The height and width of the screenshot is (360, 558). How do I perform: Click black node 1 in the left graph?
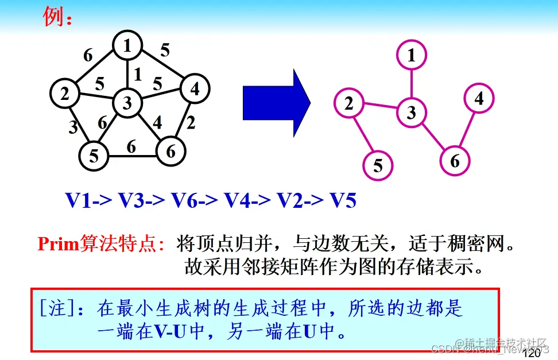[x=127, y=45]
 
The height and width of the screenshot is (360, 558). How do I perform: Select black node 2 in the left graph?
[x=65, y=93]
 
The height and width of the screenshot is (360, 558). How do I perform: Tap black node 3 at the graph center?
[x=127, y=103]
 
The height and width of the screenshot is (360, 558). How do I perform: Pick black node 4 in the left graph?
[x=195, y=90]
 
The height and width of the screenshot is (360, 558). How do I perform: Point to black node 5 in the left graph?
[x=94, y=155]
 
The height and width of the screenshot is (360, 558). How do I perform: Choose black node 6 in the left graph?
[x=170, y=151]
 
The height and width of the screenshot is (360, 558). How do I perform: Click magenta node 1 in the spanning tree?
[x=411, y=56]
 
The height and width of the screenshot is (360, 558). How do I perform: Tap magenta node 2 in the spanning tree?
[x=349, y=103]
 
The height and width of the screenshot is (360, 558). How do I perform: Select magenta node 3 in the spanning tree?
[x=411, y=112]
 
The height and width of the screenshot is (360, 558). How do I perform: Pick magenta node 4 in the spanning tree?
[x=479, y=99]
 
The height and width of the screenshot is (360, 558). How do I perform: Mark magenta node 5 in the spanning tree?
[x=378, y=165]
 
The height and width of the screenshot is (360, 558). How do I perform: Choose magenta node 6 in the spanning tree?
[x=455, y=161]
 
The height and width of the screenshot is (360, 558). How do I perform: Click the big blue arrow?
[x=276, y=103]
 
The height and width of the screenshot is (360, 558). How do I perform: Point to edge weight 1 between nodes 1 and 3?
[x=137, y=74]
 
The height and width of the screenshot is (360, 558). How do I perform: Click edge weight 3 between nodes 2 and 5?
[x=73, y=127]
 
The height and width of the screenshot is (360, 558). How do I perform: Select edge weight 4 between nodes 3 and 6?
[x=157, y=123]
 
